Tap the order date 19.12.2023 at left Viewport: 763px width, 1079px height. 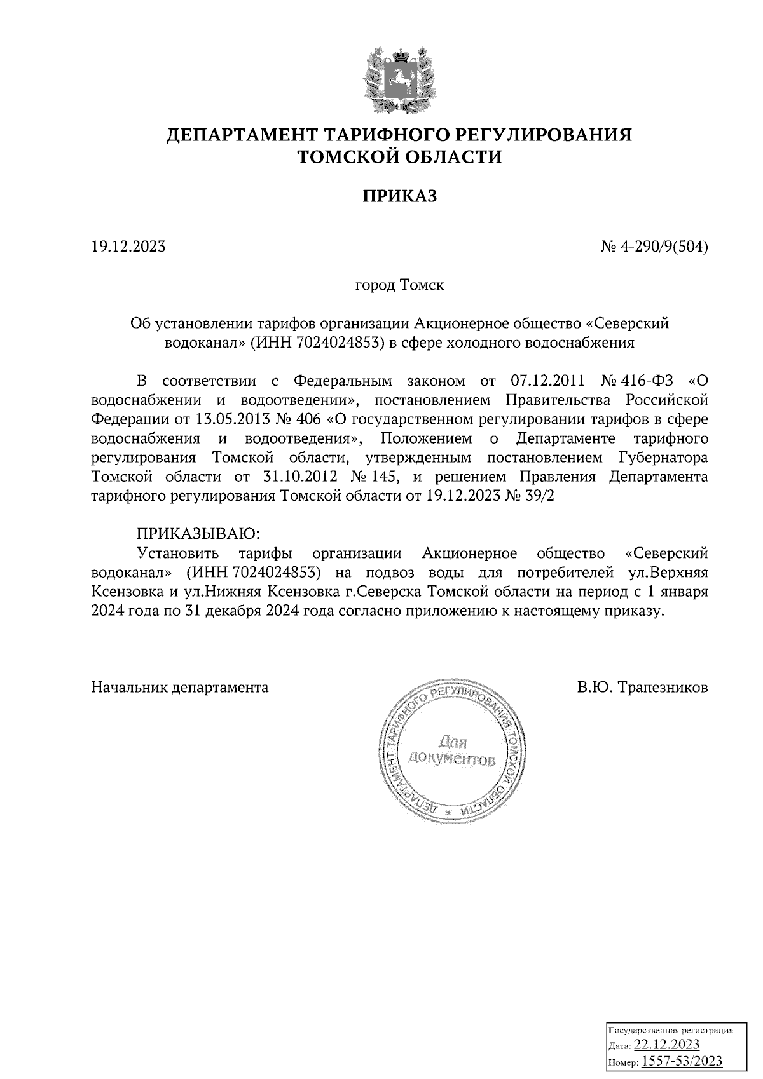[128, 247]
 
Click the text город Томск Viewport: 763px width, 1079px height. [399, 285]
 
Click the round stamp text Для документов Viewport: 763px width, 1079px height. [452, 750]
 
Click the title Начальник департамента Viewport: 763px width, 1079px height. [180, 688]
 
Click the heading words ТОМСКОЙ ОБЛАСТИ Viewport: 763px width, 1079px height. [400, 156]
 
